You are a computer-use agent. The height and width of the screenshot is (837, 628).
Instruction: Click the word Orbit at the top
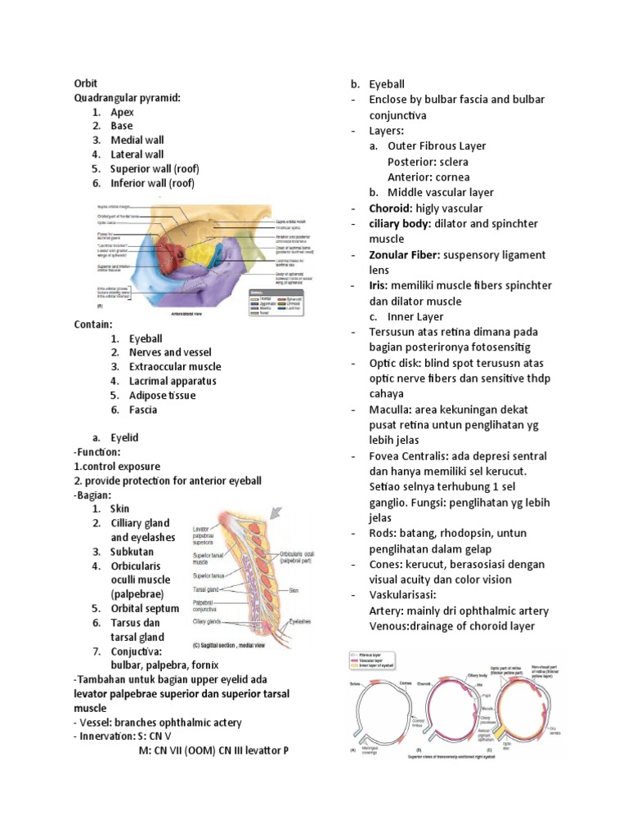click(x=86, y=83)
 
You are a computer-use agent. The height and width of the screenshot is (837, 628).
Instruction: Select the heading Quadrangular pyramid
click(x=127, y=97)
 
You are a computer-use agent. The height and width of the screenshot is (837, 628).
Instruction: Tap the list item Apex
click(x=123, y=112)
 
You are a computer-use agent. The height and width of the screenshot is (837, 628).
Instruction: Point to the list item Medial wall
click(x=137, y=140)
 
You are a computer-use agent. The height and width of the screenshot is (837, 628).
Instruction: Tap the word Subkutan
click(x=133, y=551)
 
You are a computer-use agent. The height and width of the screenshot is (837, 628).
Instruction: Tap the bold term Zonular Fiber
click(x=404, y=255)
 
